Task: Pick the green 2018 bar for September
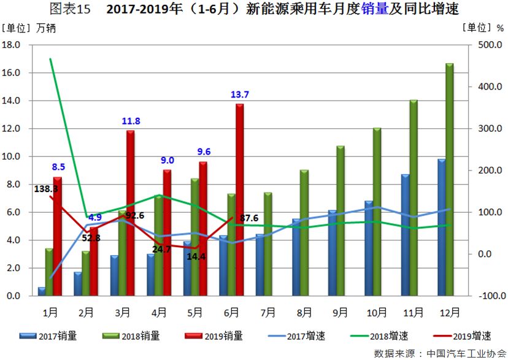pos(341,221)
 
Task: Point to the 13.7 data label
pos(239,94)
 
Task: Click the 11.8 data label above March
pos(131,121)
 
